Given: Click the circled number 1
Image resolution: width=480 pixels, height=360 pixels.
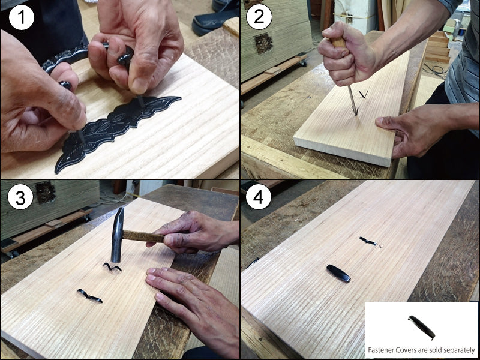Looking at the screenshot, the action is [22, 17].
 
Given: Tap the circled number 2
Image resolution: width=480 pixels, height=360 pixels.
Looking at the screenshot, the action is [259, 17].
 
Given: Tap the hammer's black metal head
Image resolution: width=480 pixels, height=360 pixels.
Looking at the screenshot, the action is [117, 235].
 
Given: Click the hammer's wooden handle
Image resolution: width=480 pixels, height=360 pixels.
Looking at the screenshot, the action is [144, 236].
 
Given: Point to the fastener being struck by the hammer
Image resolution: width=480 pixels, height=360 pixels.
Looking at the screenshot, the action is [112, 267].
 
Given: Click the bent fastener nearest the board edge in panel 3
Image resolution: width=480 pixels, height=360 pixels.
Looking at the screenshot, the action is [89, 296].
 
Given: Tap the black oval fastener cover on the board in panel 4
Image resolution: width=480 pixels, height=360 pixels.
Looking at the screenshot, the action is [338, 273].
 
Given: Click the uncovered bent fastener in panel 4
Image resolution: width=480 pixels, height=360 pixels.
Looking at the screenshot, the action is [368, 242].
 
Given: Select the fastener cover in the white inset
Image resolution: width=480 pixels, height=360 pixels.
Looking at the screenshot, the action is [422, 328].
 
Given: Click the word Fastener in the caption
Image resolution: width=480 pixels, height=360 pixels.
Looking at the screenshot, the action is [380, 350].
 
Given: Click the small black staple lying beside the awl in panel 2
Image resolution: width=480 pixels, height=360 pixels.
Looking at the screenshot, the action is [364, 94].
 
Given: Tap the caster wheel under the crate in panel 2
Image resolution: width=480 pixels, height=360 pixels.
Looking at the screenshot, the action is [304, 64].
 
